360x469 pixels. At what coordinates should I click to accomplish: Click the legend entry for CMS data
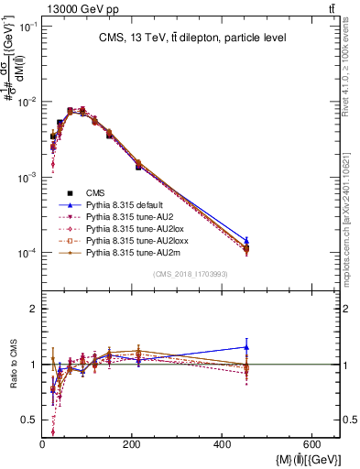95,192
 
